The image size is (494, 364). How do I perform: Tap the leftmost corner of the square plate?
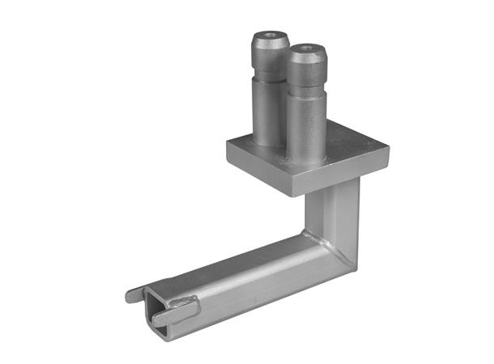[228, 143]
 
